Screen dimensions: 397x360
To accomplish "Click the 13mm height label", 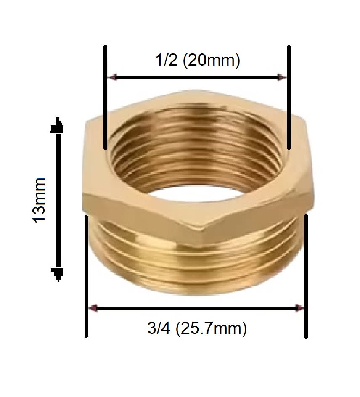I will pyautogui.click(x=40, y=200).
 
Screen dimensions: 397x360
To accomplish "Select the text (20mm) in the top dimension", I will pyautogui.click(x=211, y=61).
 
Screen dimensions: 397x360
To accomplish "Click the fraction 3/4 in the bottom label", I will pyautogui.click(x=159, y=328).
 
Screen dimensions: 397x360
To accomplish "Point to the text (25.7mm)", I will pyautogui.click(x=211, y=328).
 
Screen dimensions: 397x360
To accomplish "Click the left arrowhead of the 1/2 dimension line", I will pyautogui.click(x=112, y=77).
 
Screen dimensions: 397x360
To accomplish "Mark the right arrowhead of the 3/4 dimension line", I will pyautogui.click(x=299, y=308).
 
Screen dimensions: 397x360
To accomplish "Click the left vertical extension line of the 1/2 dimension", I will pyautogui.click(x=106, y=97).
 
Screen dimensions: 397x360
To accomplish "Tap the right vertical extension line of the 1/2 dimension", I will pyautogui.click(x=289, y=97).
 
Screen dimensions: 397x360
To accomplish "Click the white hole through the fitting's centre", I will pyautogui.click(x=198, y=197).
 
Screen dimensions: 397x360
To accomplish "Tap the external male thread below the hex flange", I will pyautogui.click(x=198, y=269).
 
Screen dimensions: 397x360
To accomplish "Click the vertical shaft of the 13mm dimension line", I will pyautogui.click(x=58, y=200).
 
